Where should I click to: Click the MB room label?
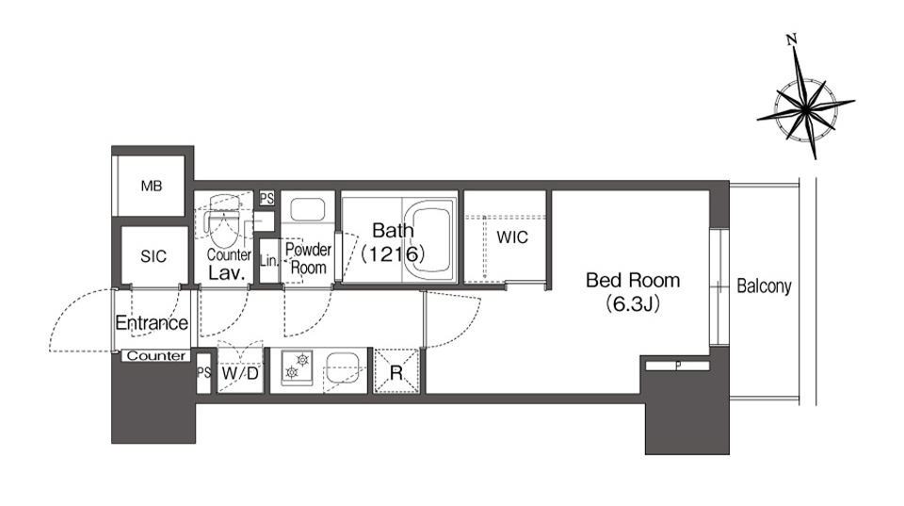click(152, 186)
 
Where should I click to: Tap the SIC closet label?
click(153, 256)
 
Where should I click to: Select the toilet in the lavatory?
click(222, 222)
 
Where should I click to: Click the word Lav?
click(227, 273)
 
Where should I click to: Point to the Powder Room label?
click(309, 258)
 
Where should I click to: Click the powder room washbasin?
click(308, 210)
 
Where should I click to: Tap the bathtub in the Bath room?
click(430, 238)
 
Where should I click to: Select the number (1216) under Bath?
click(394, 253)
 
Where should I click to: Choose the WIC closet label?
click(512, 237)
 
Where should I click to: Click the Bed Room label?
click(633, 281)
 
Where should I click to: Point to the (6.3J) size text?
click(633, 303)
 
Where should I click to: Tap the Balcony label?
click(764, 286)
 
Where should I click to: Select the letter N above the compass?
click(792, 40)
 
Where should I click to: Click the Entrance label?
click(152, 322)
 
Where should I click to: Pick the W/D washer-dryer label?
click(240, 373)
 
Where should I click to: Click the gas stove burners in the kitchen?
click(297, 367)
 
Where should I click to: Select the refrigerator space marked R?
click(396, 371)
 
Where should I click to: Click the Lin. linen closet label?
click(268, 260)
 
